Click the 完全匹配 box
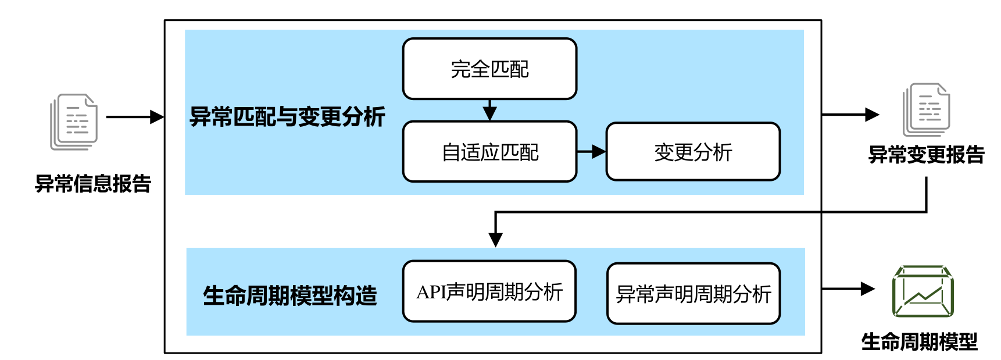(489, 69)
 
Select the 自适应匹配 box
(489, 152)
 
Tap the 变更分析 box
(693, 152)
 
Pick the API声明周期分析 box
(489, 291)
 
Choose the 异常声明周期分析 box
(693, 294)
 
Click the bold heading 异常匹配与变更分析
(287, 117)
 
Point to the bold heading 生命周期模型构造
(290, 295)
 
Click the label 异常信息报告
(93, 184)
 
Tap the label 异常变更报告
(926, 155)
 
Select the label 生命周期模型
(919, 341)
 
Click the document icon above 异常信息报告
(74, 122)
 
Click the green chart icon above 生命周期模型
(923, 291)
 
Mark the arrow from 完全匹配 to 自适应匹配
(489, 111)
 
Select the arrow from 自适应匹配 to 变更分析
(591, 152)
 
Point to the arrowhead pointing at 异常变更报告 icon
(872, 115)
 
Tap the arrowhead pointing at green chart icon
(868, 288)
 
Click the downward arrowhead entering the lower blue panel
(495, 240)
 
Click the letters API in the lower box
(431, 292)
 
